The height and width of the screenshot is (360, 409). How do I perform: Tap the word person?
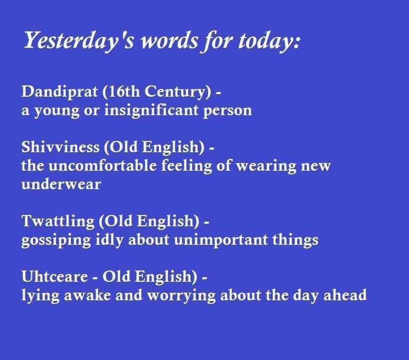[x=227, y=111]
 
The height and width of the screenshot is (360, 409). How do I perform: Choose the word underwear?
[x=61, y=185]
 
